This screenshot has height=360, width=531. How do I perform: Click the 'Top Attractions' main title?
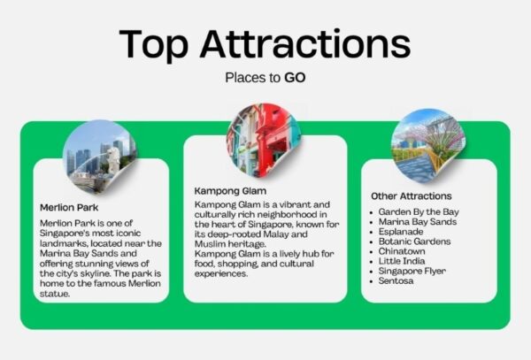tap(265, 45)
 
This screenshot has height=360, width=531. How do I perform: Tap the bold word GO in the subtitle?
tap(295, 78)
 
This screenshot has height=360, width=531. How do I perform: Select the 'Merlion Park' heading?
tap(69, 207)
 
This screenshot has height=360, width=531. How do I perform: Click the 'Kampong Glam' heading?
tap(230, 191)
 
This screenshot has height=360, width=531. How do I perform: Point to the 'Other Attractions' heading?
tap(412, 195)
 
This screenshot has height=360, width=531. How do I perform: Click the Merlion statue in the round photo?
tap(113, 158)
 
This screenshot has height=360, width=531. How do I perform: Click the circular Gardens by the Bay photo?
tap(428, 145)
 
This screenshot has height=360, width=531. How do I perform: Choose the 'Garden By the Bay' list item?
tap(419, 212)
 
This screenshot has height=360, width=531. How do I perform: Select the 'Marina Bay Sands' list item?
tap(418, 222)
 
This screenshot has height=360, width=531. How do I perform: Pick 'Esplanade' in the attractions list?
tap(401, 232)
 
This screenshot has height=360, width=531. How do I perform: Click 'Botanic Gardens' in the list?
tap(414, 241)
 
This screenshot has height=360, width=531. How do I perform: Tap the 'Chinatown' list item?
tap(402, 251)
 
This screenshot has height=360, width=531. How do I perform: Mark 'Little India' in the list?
tap(402, 261)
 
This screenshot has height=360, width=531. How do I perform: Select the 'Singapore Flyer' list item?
tap(412, 271)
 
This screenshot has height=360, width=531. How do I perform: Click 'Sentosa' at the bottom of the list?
tap(396, 280)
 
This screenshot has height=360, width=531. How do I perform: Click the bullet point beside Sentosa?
tap(372, 281)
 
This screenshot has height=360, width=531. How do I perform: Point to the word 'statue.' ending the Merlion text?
tap(55, 294)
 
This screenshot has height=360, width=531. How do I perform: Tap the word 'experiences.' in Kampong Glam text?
tap(221, 273)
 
